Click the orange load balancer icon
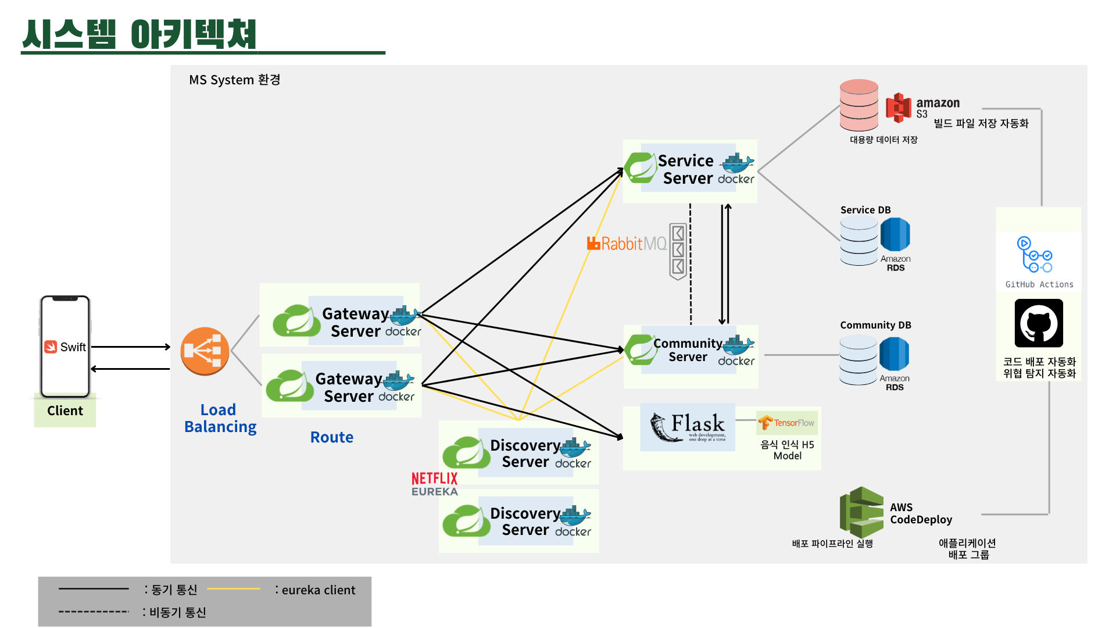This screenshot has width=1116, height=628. (205, 351)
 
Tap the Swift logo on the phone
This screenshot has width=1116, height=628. (51, 347)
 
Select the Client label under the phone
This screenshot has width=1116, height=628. (65, 411)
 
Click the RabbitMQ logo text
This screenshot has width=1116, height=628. (627, 244)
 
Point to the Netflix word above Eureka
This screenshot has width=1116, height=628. (434, 479)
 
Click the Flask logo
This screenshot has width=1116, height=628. (688, 427)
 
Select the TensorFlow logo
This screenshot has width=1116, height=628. (787, 423)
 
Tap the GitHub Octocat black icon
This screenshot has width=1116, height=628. (1039, 323)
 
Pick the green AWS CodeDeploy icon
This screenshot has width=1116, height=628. (861, 512)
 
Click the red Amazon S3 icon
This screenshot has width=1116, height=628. (899, 108)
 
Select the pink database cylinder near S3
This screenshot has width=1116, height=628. (859, 105)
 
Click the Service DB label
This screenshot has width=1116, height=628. (865, 210)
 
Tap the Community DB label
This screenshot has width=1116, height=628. (875, 325)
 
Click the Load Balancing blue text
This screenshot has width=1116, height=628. (220, 418)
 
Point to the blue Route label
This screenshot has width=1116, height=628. (331, 437)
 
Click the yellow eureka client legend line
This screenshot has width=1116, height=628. (234, 589)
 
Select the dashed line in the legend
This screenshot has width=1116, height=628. (94, 612)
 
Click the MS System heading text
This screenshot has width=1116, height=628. (234, 80)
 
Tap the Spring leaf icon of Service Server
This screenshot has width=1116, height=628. (640, 167)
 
